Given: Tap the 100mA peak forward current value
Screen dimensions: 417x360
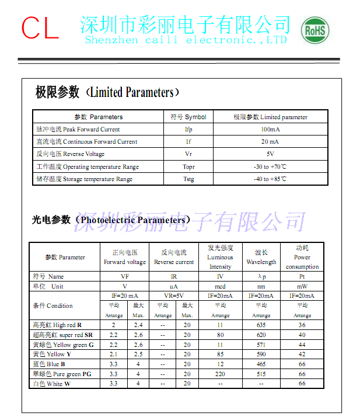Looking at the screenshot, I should tap(270, 129).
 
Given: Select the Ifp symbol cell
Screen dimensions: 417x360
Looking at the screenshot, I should tap(188, 129).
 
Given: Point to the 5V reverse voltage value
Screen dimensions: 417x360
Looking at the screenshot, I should tap(270, 154).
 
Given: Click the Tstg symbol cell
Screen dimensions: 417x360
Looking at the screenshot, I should tap(188, 179).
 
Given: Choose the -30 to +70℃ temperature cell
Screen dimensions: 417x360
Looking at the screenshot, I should tap(270, 166).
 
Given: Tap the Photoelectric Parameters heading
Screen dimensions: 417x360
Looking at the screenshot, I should tap(111, 220).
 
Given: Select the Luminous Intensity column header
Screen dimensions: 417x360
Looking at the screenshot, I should tap(220, 257).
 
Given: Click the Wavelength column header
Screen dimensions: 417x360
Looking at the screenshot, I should tap(261, 257).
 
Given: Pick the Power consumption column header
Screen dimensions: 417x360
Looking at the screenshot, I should tap(302, 257).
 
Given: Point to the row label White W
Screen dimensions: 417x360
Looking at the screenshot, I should tap(52, 383).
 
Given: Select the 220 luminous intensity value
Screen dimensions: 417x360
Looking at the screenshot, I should tap(220, 373).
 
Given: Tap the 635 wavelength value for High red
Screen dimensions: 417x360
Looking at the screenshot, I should tap(261, 325).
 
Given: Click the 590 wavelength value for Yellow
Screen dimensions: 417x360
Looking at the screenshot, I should tap(261, 354).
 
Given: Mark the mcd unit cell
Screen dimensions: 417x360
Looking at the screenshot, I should tap(220, 286).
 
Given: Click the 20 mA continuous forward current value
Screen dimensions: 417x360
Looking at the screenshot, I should tap(270, 141).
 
